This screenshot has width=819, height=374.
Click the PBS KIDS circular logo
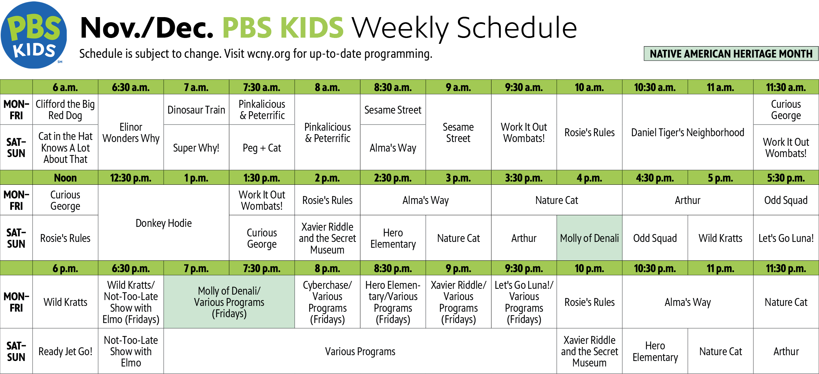pos(34,35)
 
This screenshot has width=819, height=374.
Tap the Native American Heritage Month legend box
pos(731,54)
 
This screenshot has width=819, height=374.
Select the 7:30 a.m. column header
pos(262,87)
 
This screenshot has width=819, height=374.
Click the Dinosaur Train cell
pos(196,109)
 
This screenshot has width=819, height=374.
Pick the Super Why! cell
pos(196,147)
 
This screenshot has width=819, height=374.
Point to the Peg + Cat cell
pos(262,147)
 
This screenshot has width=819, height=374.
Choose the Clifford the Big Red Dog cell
pos(65,109)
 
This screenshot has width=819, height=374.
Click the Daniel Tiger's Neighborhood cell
pos(688,132)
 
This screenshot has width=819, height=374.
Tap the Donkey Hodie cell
pos(164,223)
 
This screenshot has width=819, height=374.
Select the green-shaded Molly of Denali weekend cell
pos(590,238)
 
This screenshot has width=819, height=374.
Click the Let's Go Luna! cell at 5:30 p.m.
pos(786,238)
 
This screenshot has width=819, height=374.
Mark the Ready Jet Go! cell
pos(65,351)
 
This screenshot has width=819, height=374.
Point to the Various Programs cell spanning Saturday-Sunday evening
pos(360,351)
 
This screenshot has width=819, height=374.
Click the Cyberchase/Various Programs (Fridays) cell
pos(328,302)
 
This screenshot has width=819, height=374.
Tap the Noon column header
pos(65,178)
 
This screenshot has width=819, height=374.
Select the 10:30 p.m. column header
pos(655,268)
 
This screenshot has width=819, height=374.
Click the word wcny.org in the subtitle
pos(269,54)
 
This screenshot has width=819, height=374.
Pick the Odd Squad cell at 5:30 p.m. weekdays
pos(786,200)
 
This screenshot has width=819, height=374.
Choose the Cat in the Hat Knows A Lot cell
pos(65,147)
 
